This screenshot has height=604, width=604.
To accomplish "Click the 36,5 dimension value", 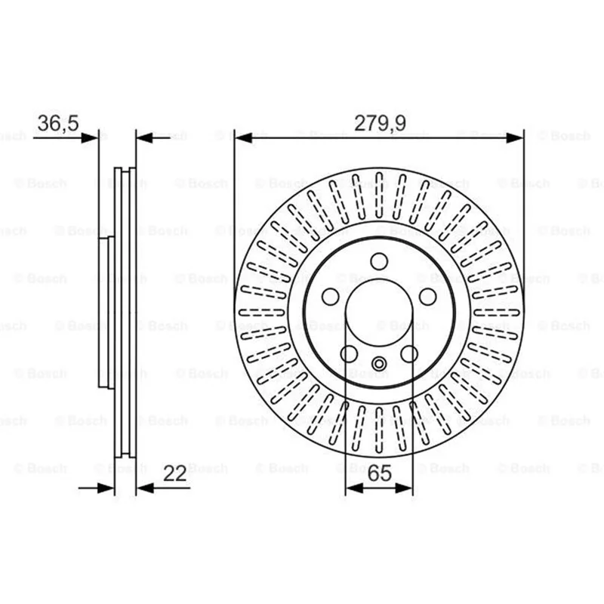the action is (x=58, y=123).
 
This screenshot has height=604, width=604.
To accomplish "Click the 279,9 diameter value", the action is (x=380, y=123).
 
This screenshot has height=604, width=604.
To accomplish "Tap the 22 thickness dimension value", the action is (x=175, y=473).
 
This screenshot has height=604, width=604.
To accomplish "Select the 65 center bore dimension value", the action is (x=380, y=473).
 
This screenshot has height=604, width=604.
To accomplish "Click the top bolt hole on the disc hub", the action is (x=379, y=261).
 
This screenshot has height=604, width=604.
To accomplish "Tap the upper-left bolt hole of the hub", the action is (x=331, y=297).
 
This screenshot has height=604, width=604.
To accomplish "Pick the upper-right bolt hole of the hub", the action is (x=427, y=297).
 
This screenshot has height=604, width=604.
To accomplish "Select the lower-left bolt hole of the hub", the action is (x=349, y=353).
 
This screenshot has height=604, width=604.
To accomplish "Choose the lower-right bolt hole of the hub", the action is (x=409, y=353).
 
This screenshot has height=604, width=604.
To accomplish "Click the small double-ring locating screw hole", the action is (x=379, y=364).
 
